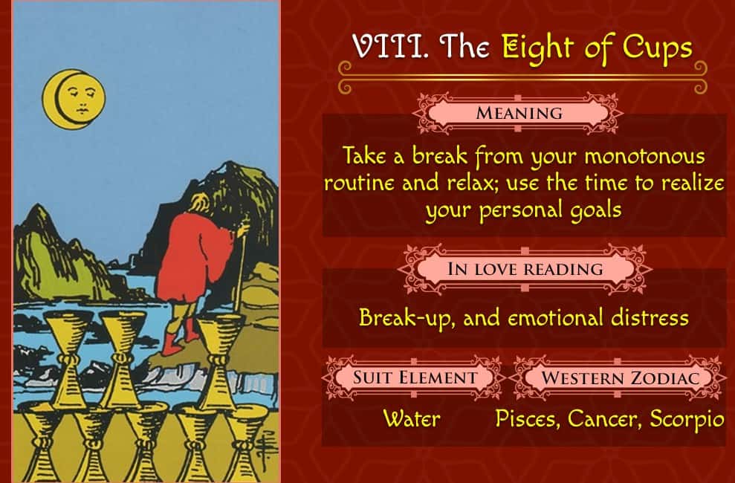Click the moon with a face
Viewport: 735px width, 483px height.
point(74,100)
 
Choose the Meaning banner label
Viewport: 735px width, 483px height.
point(519,113)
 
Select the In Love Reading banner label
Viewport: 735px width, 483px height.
point(525,269)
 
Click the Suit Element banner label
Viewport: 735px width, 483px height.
point(415,377)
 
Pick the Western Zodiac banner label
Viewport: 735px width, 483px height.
point(620,377)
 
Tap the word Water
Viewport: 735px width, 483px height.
point(412,418)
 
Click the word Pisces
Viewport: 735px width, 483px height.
point(528,419)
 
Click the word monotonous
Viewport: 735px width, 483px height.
point(644,157)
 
